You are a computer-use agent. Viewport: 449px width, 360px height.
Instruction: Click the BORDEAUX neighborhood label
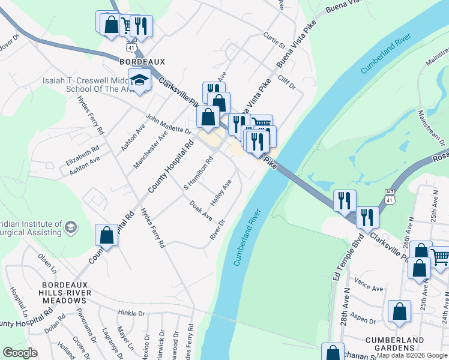click(142, 62)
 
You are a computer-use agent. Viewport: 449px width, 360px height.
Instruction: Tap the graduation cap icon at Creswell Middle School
click(139, 80)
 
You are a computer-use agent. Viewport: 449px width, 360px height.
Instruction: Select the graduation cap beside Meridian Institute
click(71, 226)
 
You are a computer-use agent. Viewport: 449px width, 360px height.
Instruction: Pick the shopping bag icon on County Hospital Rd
click(106, 235)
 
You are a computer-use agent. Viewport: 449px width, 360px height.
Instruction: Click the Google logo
click(20, 353)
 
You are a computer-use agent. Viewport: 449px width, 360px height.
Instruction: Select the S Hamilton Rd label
click(199, 173)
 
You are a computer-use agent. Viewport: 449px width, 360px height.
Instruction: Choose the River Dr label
click(217, 230)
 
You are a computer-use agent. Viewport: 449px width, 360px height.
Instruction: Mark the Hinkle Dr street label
click(132, 313)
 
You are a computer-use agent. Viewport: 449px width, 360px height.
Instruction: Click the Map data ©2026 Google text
click(412, 355)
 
